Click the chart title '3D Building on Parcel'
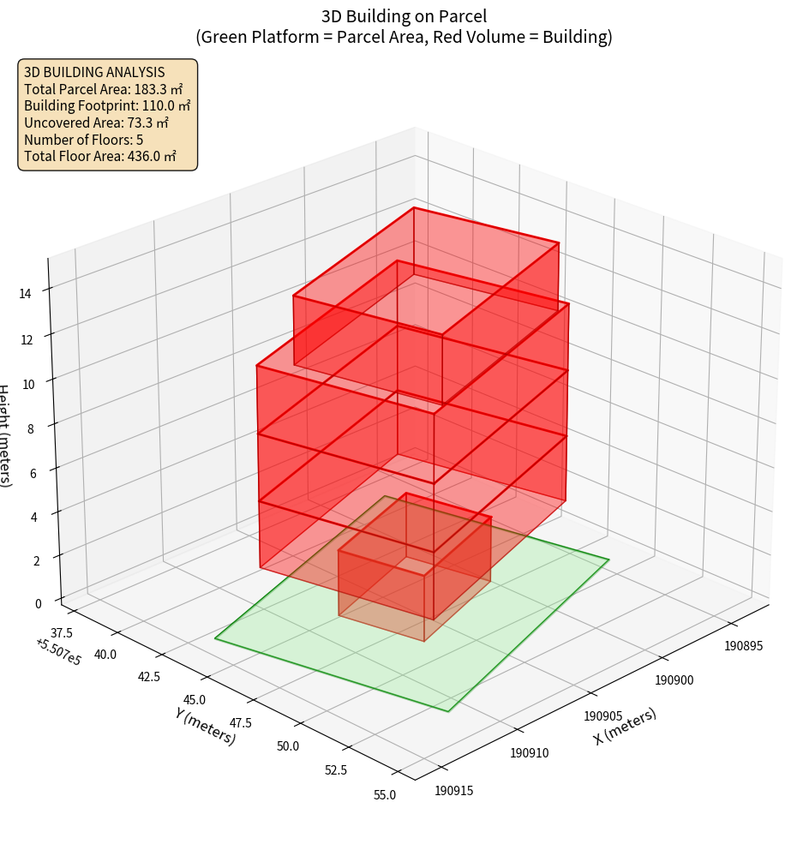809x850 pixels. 404,15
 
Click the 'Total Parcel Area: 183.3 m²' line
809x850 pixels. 104,89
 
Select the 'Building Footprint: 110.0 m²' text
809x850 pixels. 107,105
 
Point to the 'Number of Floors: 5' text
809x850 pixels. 83,140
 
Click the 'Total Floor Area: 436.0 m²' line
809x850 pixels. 100,156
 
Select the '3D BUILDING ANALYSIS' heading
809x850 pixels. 94,72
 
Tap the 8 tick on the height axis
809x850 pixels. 31,427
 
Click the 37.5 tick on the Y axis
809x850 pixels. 61,633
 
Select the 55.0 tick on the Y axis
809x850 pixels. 386,795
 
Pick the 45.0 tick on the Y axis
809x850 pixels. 194,700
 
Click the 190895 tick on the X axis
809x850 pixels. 744,646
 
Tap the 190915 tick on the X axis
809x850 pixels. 454,790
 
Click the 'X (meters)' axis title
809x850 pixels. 625,727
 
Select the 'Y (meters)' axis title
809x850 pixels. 206,726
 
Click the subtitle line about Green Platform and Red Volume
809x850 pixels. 404,37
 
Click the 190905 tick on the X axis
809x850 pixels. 602,715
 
